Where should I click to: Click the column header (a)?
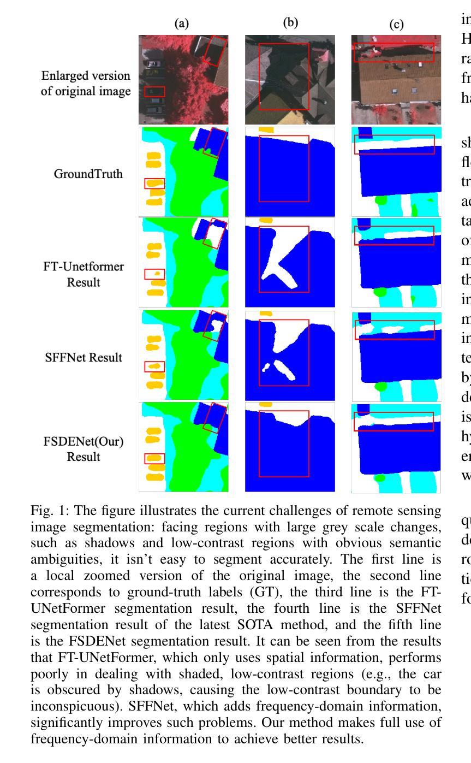coord(181,23)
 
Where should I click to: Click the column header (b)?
coord(290,23)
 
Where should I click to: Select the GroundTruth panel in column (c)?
coord(396,171)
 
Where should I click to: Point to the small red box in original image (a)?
coord(154,91)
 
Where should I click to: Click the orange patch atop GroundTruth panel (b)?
coord(265,129)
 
